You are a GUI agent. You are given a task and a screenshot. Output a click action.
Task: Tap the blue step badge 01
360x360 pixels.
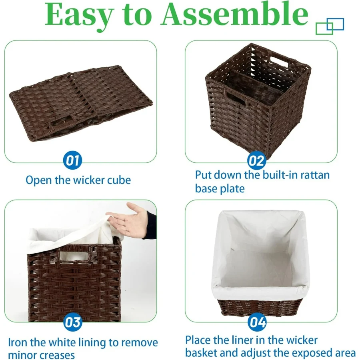point(72,160)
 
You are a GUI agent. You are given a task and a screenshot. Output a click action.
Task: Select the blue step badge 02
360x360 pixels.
point(257,160)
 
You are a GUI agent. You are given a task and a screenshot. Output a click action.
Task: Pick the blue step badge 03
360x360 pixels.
point(72,322)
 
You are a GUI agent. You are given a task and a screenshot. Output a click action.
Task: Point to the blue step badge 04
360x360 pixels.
point(257,322)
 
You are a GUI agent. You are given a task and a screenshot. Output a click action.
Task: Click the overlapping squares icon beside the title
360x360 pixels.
point(330,26)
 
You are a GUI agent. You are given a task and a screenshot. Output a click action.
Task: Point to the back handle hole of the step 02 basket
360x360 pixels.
point(278,60)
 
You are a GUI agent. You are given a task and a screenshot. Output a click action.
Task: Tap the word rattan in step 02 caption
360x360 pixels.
point(315,175)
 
